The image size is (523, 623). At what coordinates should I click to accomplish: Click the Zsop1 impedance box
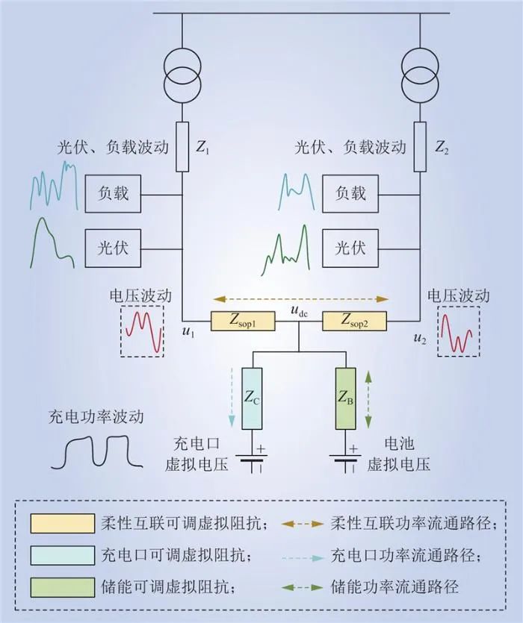pos(244,322)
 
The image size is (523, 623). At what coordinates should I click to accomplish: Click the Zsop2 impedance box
pos(355,322)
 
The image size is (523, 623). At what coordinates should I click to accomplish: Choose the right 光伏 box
pos(350,248)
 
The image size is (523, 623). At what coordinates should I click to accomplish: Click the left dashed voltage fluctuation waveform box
pos(143,331)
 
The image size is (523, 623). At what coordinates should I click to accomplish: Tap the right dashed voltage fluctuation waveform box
pos(459,331)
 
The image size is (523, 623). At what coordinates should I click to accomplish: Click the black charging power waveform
pos(96,451)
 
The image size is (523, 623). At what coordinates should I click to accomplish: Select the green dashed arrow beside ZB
pos(368,398)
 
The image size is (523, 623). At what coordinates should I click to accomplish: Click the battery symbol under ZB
pos(346,459)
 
